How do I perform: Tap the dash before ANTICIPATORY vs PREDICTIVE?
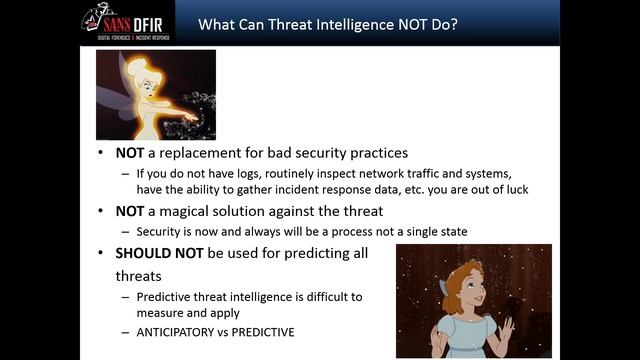(126, 331)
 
